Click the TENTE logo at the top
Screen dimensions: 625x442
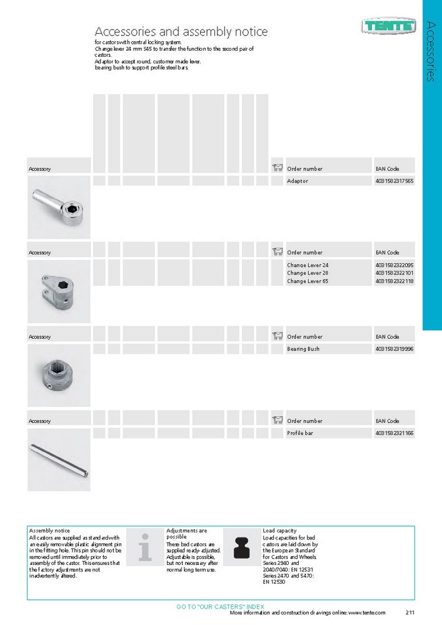388,26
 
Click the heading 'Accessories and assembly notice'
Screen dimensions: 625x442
181,31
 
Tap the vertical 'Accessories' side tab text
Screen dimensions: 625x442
431,51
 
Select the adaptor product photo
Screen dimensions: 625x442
59,207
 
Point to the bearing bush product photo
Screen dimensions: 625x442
59,375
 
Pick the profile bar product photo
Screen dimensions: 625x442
59,459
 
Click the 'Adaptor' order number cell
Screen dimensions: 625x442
298,181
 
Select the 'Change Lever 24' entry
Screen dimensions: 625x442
308,265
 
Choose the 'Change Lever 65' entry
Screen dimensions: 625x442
308,282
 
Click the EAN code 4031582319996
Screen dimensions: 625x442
394,349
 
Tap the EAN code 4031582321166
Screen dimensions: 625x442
394,433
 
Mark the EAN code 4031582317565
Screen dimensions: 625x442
394,181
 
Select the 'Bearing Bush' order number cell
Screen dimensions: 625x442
303,349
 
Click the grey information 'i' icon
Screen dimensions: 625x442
145,546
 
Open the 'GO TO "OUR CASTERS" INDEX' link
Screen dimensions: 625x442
221,607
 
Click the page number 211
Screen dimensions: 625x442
411,613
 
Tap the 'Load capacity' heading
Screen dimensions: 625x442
279,531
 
